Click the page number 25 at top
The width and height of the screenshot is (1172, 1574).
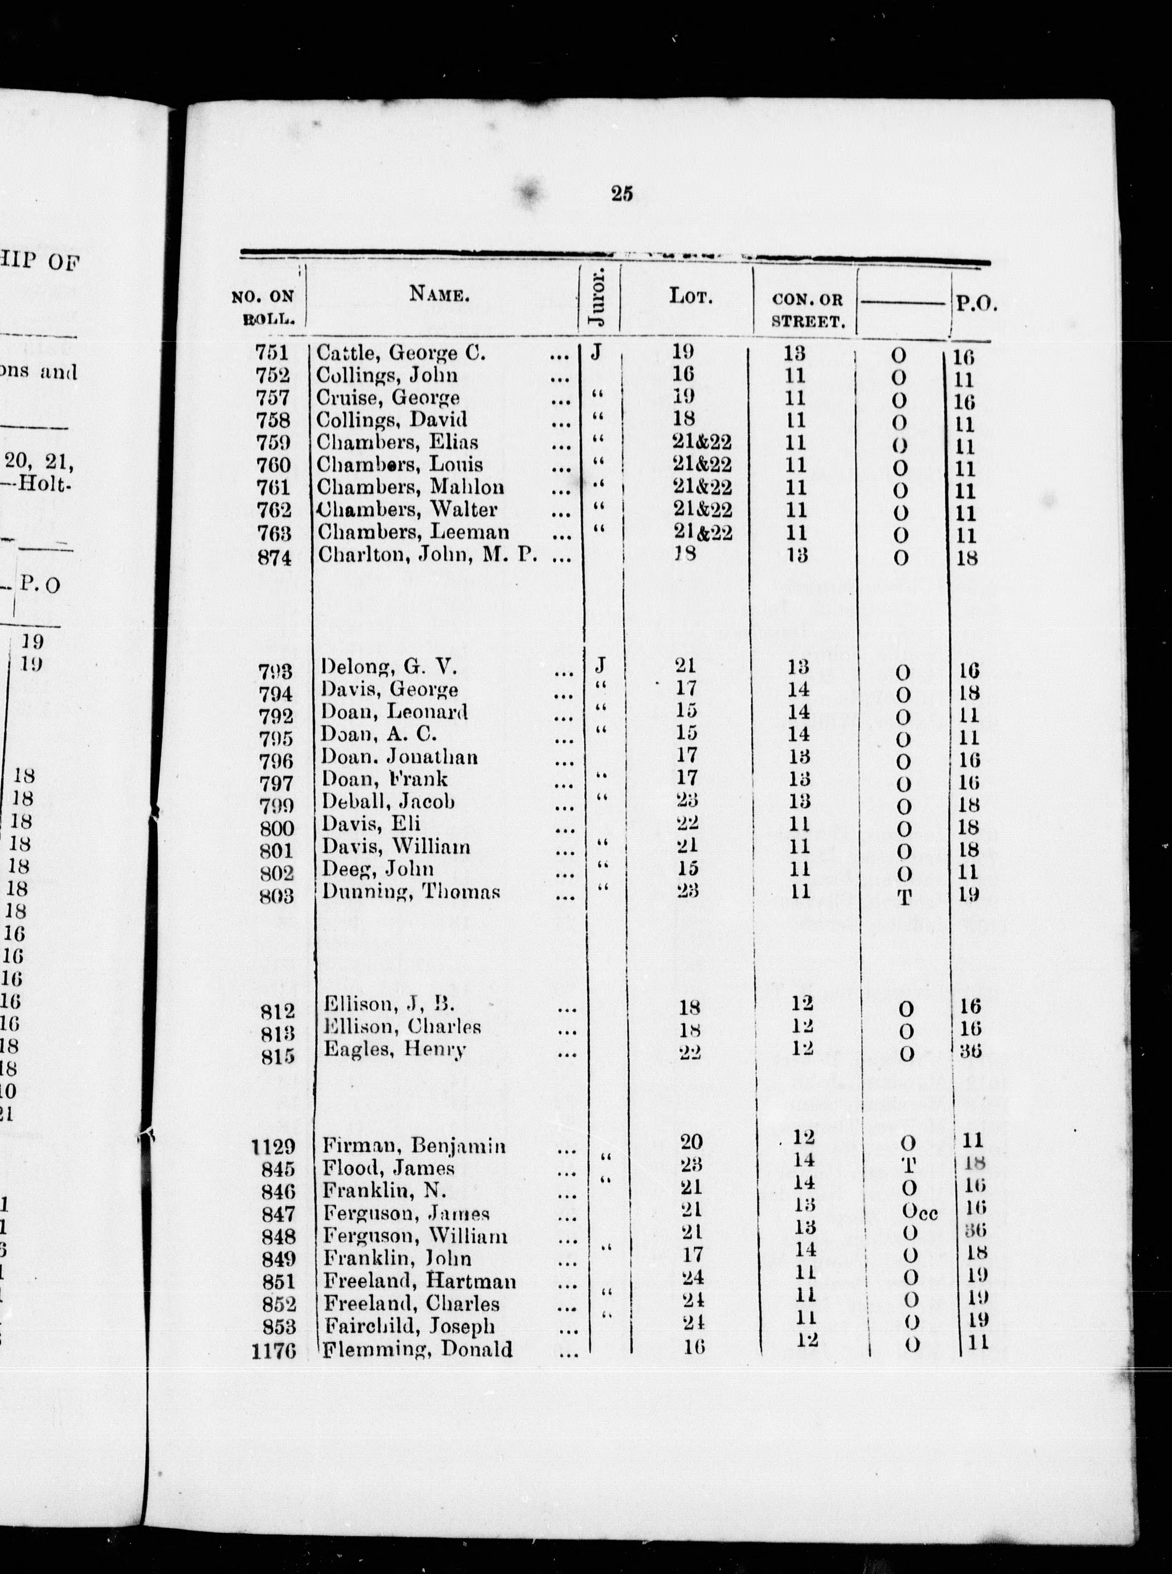pos(621,194)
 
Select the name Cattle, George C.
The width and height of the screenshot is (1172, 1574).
pos(401,353)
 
